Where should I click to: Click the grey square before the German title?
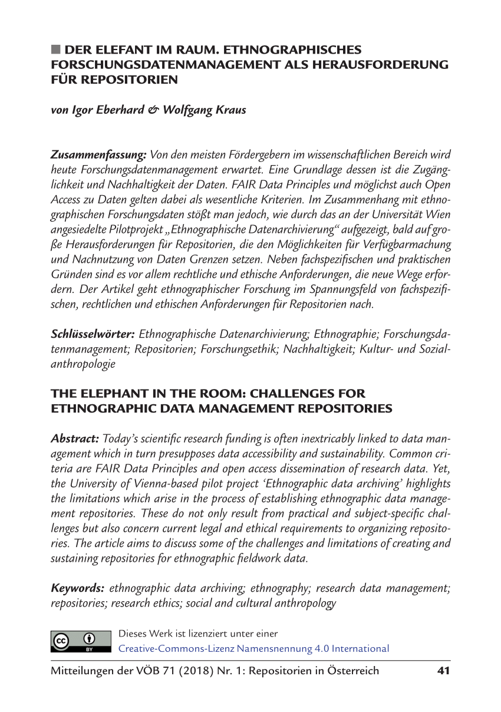(55, 50)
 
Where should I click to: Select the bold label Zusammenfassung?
(98, 155)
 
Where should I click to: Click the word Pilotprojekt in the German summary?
(137, 228)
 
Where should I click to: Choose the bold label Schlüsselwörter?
(94, 335)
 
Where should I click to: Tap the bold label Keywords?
(78, 588)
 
